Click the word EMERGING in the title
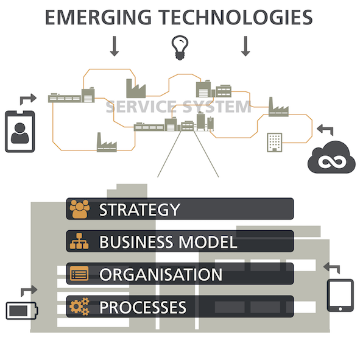(98, 17)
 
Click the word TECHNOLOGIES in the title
(236, 17)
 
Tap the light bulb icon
(180, 48)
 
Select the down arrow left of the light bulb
(115, 46)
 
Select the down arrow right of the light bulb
(245, 46)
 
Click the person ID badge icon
(20, 132)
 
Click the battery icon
(22, 311)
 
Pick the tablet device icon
(341, 295)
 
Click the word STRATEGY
(139, 210)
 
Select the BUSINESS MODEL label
(168, 242)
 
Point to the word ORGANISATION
(161, 274)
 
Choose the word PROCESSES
(143, 307)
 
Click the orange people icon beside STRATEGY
(79, 209)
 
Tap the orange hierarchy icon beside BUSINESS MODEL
(79, 241)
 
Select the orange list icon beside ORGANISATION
(79, 274)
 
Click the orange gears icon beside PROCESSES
(79, 306)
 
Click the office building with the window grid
(275, 143)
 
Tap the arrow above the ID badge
(28, 99)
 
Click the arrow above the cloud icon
(325, 130)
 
